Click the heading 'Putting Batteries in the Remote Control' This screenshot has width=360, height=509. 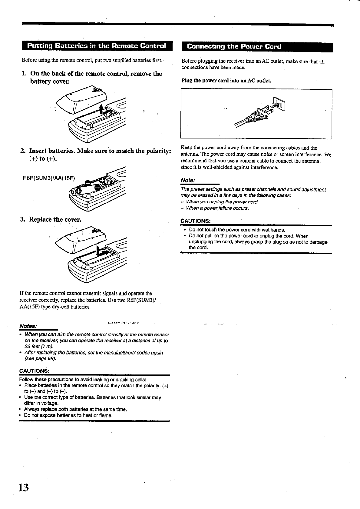click(x=97, y=46)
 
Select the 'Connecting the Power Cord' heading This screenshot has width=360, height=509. click(x=234, y=46)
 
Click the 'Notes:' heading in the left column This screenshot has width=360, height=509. click(x=28, y=326)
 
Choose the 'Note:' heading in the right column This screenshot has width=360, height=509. click(x=187, y=181)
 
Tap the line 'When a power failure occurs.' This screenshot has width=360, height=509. click(x=217, y=208)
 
